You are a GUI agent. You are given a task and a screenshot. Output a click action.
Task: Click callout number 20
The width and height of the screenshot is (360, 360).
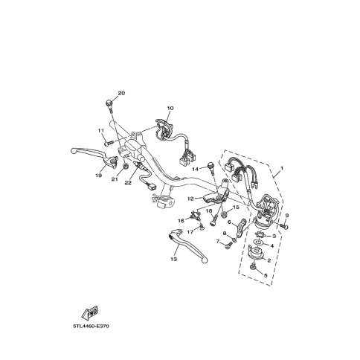pos(121,94)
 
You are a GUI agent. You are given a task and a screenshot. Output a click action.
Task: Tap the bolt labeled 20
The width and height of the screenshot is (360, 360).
pos(109,105)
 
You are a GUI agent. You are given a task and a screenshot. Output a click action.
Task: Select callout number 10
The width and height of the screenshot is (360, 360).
pos(170,108)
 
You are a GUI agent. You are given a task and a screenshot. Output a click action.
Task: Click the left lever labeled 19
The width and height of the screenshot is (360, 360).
pos(95,157)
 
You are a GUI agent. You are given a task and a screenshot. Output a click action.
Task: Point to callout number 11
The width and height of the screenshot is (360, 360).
pos(100,130)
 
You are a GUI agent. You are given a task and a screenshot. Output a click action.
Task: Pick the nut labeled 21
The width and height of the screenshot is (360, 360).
pos(126,166)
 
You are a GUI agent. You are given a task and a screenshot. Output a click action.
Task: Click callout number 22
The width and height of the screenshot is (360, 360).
pos(128,183)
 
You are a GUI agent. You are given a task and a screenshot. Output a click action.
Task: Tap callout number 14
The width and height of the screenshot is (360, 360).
pos(196,169)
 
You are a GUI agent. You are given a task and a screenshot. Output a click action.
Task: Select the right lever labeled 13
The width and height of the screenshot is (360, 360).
pos(187,245)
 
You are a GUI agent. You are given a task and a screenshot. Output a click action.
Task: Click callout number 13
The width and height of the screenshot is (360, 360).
pos(173,259)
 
